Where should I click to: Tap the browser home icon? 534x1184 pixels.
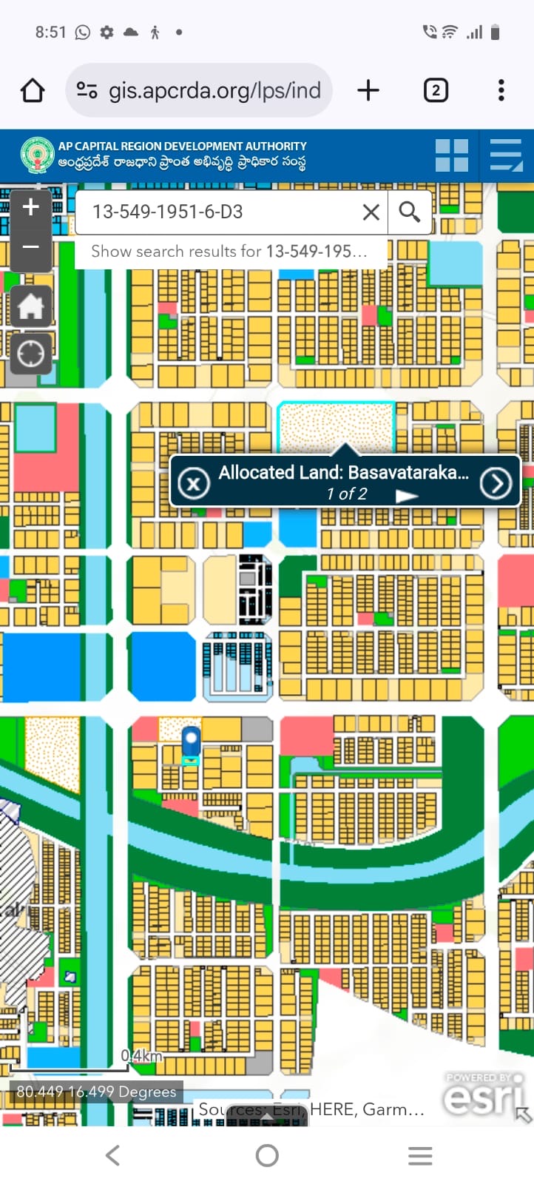coord(33,91)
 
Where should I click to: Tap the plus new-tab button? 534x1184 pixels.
coord(368,90)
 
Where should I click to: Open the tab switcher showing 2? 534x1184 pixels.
coord(436,90)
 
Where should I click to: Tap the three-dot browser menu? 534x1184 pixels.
coord(501,90)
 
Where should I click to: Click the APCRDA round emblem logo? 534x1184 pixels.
coord(37,155)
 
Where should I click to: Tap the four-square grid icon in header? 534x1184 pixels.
coord(451,155)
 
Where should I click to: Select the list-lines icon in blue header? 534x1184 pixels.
coord(506,155)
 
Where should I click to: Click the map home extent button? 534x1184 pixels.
coord(30,306)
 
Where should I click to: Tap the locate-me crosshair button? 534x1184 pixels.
coord(30,354)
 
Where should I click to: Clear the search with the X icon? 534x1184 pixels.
coord(371,212)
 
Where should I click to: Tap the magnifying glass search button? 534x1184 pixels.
coord(409,212)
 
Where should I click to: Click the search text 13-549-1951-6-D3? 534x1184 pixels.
coord(168,212)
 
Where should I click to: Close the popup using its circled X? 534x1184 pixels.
coord(194,484)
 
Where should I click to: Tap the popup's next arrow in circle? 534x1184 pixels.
coord(496,483)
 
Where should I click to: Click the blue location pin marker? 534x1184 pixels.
coord(191,741)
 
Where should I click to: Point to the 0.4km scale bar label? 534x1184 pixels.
coord(141,1055)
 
